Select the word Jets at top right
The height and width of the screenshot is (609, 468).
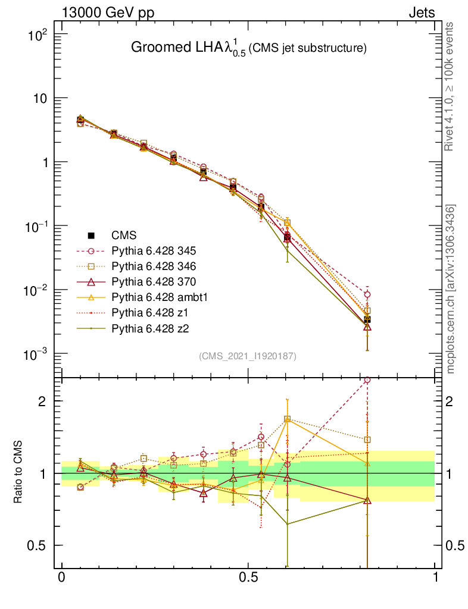click(x=421, y=12)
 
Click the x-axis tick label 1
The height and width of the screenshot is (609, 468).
click(x=435, y=577)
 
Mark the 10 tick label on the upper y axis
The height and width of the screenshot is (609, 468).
click(x=39, y=98)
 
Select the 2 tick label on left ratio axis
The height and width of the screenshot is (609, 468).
click(x=42, y=401)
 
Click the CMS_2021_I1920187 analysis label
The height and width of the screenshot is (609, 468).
click(x=247, y=356)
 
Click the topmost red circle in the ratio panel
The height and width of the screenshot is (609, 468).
click(x=367, y=379)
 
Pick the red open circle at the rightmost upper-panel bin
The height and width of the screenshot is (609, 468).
click(x=367, y=294)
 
